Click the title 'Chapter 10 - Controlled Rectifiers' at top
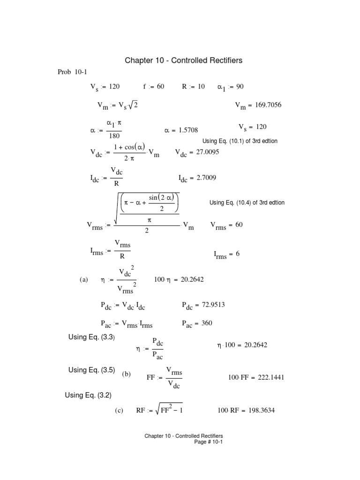[183, 60]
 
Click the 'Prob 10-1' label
[72, 72]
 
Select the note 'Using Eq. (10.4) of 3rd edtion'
[247, 202]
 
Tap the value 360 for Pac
[207, 323]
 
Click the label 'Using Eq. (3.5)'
[92, 370]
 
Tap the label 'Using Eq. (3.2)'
[88, 395]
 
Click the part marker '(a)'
[84, 279]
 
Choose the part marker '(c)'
[119, 411]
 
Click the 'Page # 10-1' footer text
[209, 442]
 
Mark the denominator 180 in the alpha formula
[114, 136]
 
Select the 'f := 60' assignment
[154, 86]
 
